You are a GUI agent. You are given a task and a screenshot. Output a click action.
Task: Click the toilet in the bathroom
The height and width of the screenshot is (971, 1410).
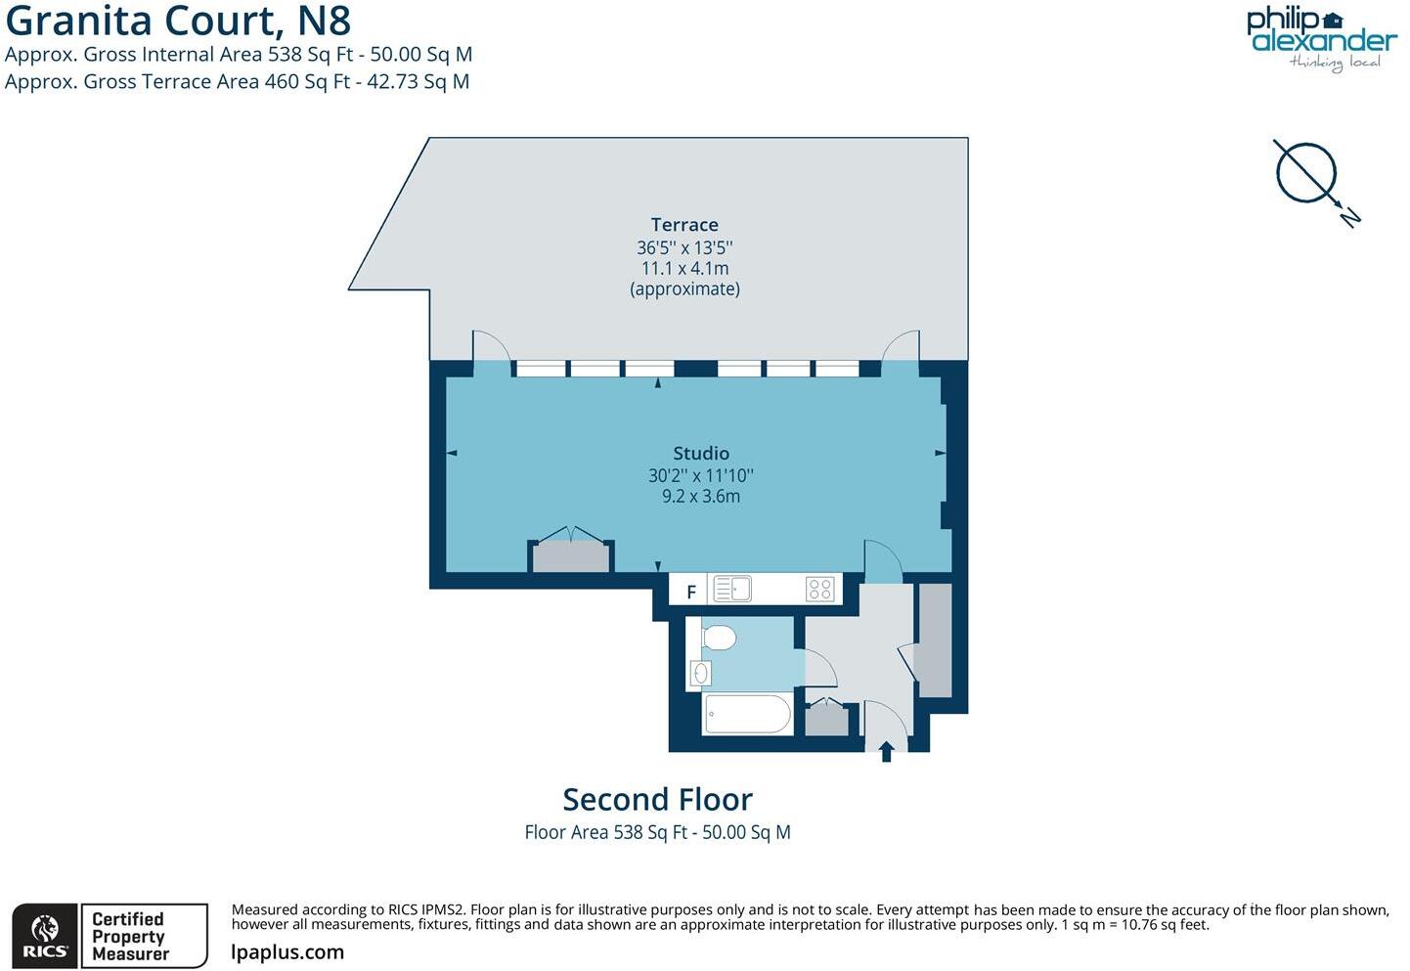[x=719, y=639]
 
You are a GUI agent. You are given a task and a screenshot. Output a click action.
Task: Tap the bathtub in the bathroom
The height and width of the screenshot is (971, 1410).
[x=748, y=714]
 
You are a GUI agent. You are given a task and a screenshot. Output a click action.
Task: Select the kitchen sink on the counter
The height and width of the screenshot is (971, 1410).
[x=732, y=589]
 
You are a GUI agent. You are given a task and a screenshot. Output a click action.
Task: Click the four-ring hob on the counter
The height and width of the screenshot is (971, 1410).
[x=819, y=589]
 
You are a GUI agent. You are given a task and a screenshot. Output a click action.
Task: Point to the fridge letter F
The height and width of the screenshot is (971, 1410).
[x=691, y=592]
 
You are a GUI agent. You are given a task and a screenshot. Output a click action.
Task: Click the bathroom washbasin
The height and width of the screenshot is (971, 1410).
[x=700, y=673]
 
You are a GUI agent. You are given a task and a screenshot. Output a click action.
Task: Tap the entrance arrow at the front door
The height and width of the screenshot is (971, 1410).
[x=887, y=751]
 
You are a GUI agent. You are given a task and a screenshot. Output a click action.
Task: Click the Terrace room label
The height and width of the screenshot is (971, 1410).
[x=684, y=225]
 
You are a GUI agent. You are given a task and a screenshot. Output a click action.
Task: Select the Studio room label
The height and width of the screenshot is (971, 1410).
[x=701, y=454]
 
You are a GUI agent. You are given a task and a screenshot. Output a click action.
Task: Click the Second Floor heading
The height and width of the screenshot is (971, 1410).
[x=657, y=800]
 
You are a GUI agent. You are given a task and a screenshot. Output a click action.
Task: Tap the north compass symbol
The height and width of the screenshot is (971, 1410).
[x=1307, y=174]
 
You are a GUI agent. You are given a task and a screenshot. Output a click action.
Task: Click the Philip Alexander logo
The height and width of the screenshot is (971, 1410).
[x=1321, y=37]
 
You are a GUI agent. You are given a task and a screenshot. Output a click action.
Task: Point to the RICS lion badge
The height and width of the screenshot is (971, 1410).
[x=45, y=937]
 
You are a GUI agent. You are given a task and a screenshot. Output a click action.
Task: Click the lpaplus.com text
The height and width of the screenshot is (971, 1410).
[x=287, y=952]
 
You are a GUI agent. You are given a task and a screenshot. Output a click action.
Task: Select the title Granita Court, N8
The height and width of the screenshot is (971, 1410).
[x=178, y=21]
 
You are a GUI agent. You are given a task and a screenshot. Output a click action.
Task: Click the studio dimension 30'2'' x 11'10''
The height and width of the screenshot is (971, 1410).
[x=701, y=476]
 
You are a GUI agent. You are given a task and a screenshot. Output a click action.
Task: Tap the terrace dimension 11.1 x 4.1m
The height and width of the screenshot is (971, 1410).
[x=684, y=268]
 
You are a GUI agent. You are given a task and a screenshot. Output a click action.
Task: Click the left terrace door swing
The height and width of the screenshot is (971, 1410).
[x=491, y=346]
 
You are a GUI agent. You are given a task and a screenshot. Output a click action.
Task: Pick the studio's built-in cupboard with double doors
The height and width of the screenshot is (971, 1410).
[x=571, y=555]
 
